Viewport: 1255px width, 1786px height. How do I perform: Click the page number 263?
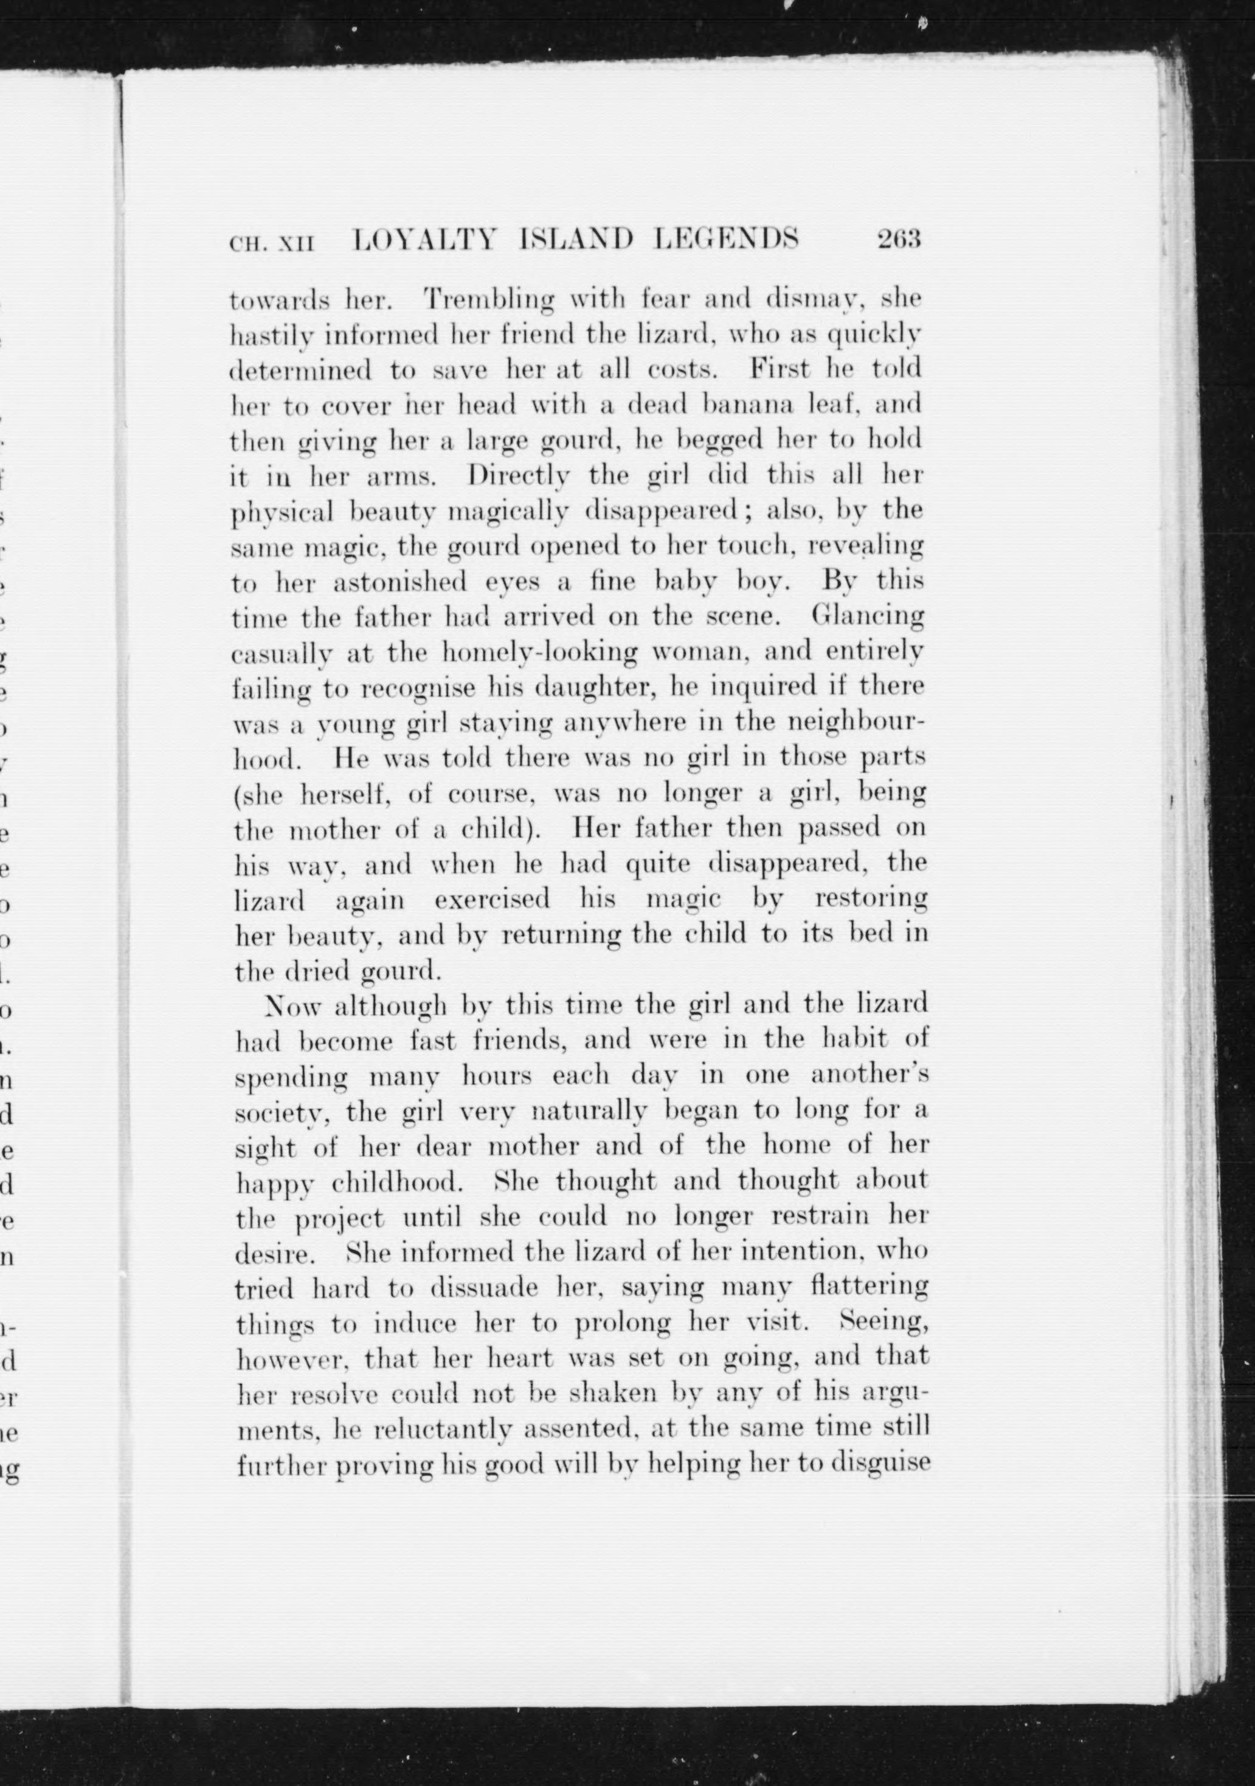[x=899, y=239]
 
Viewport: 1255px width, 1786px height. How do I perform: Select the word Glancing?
[x=868, y=616]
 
